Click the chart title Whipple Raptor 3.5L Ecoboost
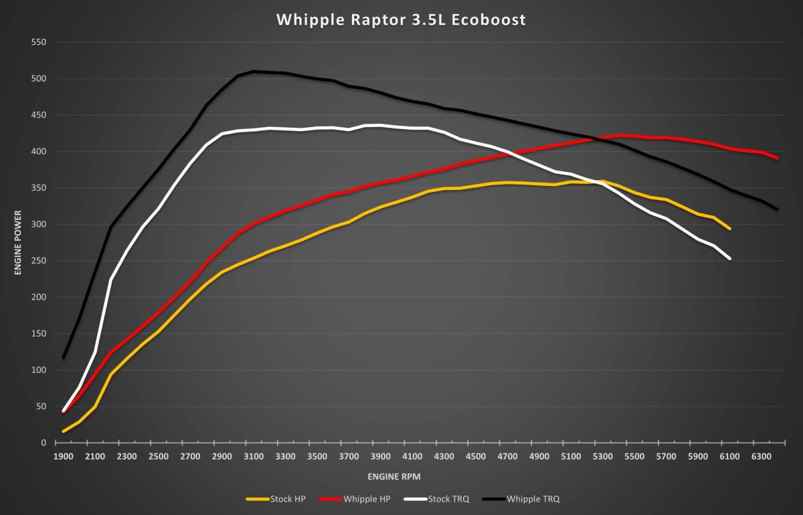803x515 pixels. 401,20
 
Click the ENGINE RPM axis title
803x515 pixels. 394,477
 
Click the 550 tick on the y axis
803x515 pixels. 38,42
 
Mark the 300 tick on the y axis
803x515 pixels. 38,225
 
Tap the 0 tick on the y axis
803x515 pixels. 43,443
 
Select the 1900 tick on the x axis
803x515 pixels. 63,457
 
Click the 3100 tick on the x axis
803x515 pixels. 254,457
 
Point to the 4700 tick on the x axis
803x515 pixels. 507,457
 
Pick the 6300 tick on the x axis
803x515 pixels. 762,457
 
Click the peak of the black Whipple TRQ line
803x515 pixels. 254,71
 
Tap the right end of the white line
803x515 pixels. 729,258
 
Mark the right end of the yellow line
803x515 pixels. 729,229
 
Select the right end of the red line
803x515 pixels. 777,159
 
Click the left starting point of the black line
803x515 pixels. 64,357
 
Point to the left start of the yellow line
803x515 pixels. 64,431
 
